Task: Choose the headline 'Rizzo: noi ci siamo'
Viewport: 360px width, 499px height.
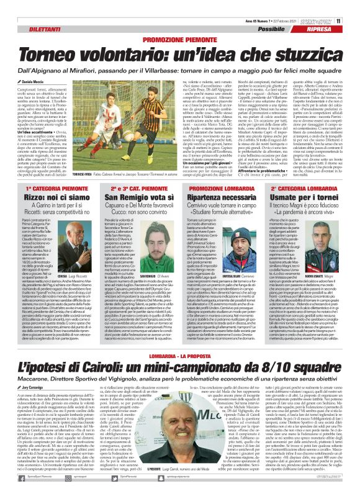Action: (x=45, y=197)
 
